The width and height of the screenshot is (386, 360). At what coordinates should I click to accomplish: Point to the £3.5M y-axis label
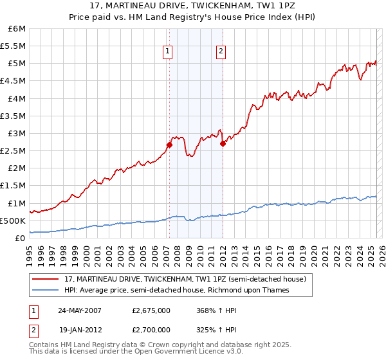(x=14, y=116)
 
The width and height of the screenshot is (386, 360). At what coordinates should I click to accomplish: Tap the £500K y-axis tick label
(x=14, y=221)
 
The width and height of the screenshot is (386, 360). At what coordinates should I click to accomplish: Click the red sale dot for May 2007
(x=169, y=145)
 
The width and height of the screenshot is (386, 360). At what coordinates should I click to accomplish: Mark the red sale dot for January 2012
(x=223, y=143)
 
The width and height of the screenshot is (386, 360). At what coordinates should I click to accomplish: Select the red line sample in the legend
(x=46, y=279)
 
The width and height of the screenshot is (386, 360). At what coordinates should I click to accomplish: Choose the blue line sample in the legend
(x=46, y=290)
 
